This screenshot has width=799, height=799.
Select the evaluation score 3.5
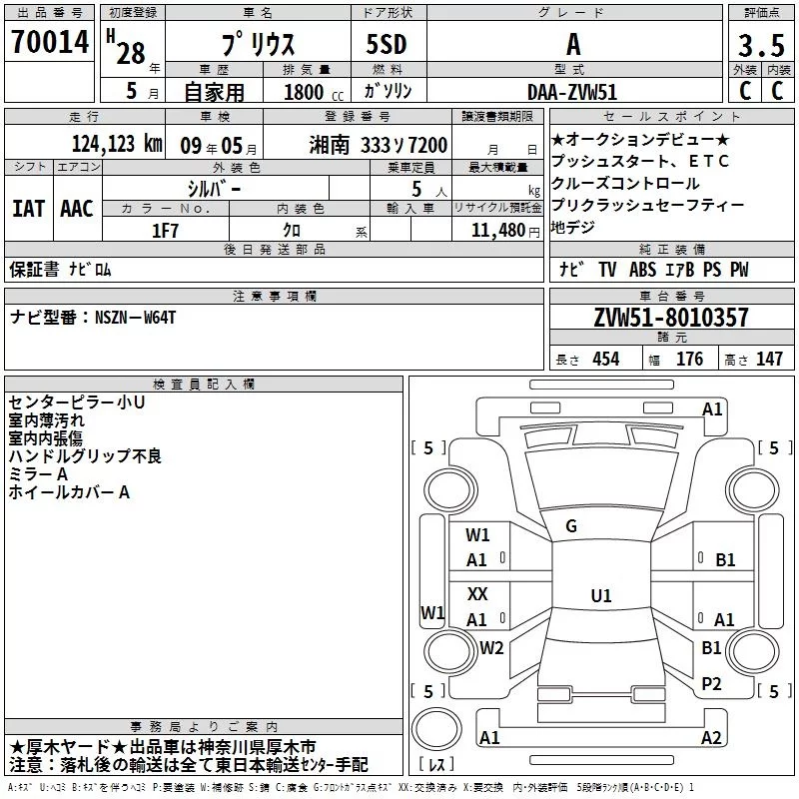760,45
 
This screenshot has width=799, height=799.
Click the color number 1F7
166,228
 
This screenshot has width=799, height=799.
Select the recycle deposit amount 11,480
496,229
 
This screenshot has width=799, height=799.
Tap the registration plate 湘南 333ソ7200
379,144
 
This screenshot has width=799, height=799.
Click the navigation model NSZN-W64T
136,317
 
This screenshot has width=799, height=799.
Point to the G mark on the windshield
571,526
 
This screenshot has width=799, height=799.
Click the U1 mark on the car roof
600,595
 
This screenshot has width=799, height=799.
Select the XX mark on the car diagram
477,593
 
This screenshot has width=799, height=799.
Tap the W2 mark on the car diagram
491,647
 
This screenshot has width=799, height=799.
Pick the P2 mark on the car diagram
711,683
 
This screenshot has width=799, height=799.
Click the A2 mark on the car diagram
711,737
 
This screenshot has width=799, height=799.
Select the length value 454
605,359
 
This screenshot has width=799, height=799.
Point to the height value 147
769,359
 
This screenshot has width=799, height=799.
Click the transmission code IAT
28,209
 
